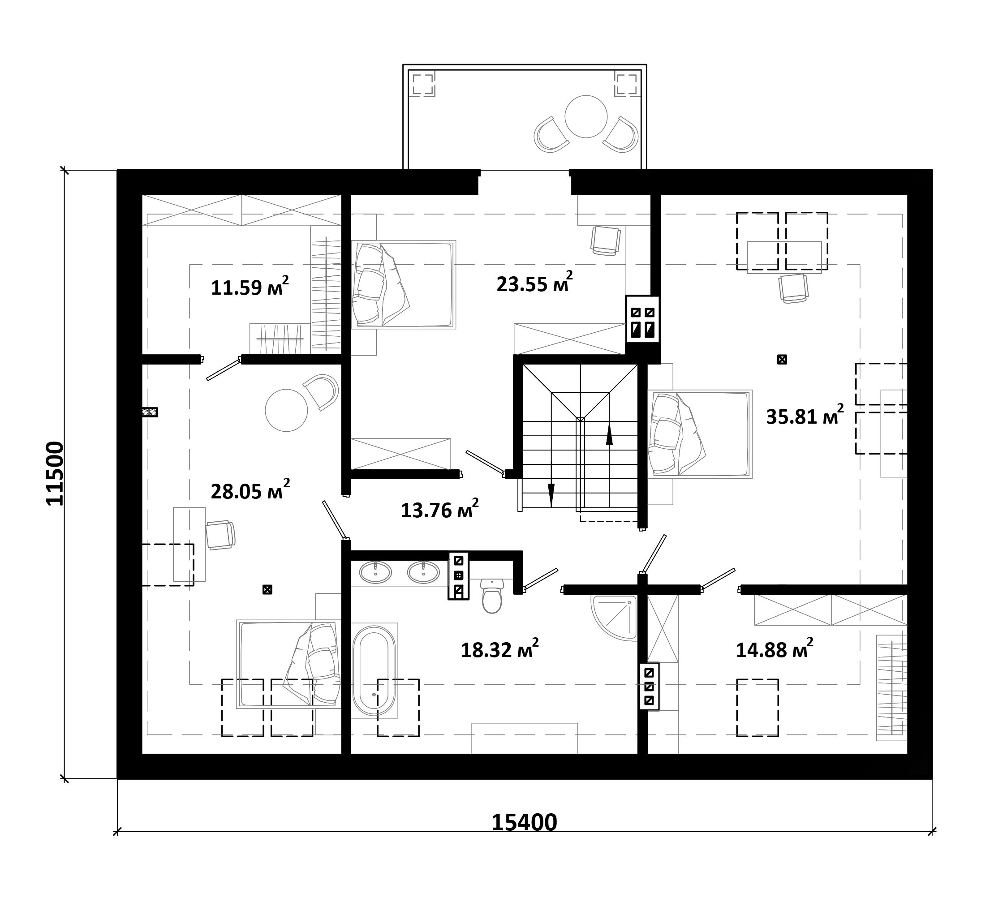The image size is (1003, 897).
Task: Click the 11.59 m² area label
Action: pos(250,286)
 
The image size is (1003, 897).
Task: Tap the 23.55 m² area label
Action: pos(534,283)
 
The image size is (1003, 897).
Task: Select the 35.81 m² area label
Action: pos(805,416)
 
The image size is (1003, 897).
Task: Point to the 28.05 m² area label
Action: pos(250,490)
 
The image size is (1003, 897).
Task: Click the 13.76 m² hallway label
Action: pos(439,509)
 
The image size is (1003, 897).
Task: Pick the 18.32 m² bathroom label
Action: pos(499,649)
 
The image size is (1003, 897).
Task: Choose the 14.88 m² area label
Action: pos(774,649)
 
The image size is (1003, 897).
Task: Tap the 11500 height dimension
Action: pos(55,473)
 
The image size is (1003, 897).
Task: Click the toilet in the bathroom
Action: pos(491,595)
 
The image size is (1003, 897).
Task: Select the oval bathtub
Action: pos(374,670)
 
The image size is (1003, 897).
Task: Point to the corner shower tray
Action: pos(614,618)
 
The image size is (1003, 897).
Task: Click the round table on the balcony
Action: pos(586,116)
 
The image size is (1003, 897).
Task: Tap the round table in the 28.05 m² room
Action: pos(287,410)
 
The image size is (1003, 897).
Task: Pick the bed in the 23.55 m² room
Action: pos(403,284)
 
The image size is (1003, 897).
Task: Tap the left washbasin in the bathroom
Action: pos(376,573)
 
